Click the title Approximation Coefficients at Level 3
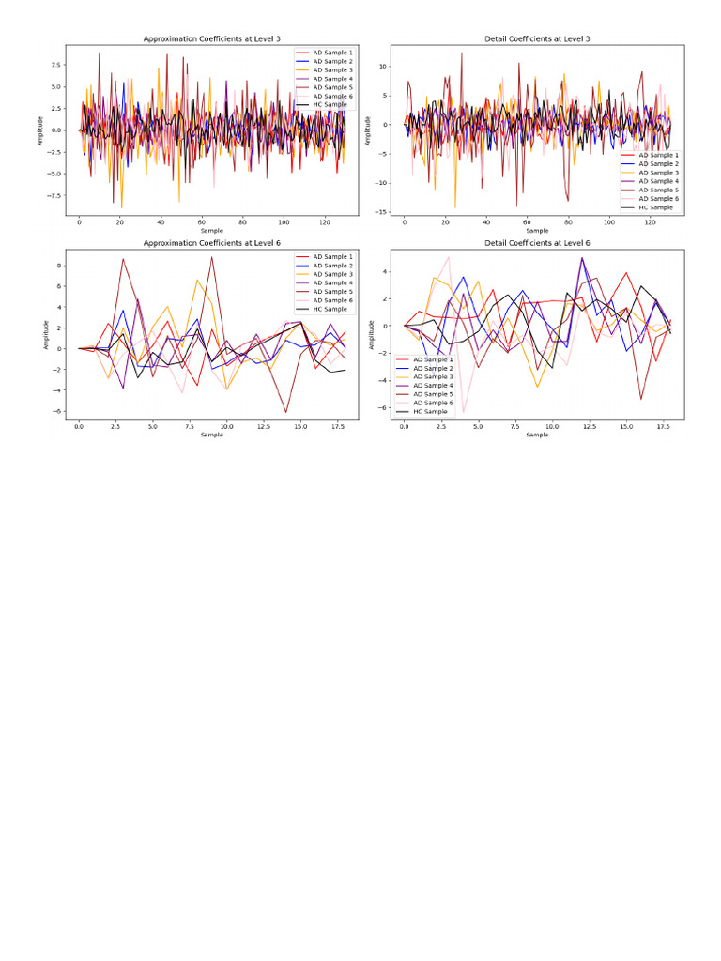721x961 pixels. (211, 38)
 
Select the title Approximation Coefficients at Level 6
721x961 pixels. (211, 243)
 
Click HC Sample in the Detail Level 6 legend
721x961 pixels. (431, 412)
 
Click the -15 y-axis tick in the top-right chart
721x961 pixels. (383, 212)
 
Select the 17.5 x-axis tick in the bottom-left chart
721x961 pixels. (330, 428)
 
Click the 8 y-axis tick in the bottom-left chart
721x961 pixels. (60, 265)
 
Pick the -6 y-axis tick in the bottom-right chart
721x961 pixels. (385, 407)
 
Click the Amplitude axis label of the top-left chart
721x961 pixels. (40, 130)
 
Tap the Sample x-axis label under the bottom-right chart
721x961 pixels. (537, 435)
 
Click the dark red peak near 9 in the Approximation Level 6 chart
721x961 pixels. (212, 257)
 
